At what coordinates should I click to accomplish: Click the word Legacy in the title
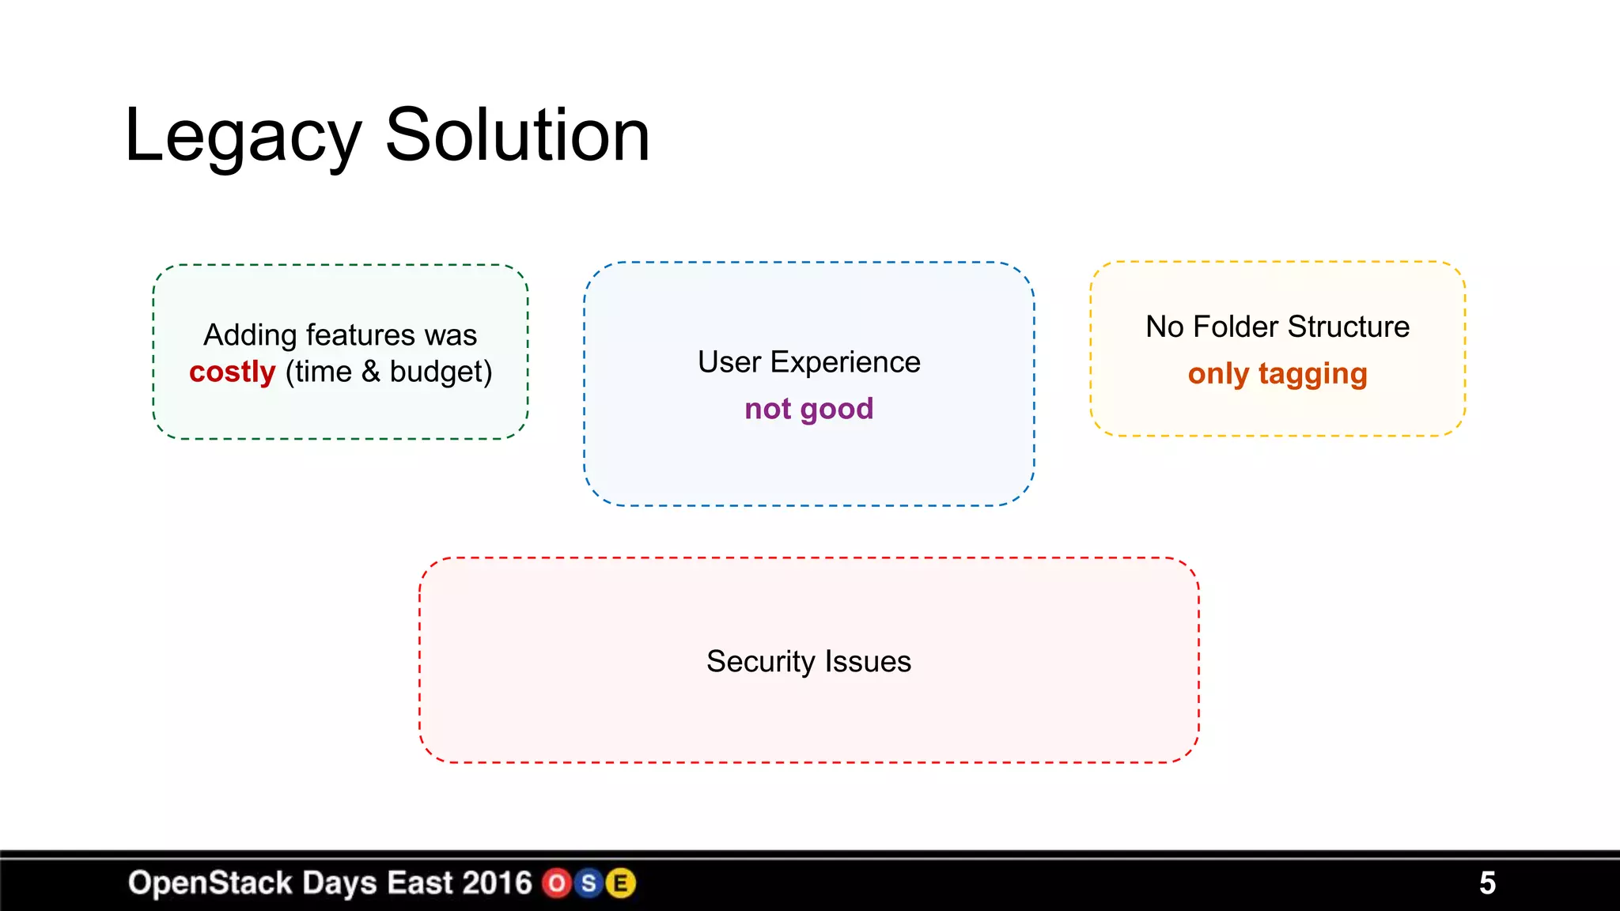tap(242, 136)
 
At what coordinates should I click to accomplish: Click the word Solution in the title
tap(517, 136)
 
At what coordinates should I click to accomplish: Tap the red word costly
tap(232, 372)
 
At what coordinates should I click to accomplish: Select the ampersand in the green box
tap(370, 372)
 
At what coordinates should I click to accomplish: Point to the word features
tap(360, 335)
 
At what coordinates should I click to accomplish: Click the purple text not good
tap(808, 409)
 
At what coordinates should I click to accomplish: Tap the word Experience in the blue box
tap(845, 362)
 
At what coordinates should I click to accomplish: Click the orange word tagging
tap(1312, 374)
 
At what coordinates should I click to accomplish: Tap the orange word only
tap(1218, 374)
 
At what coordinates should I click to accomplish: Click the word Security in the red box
tap(760, 661)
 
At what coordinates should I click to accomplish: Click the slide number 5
tap(1487, 883)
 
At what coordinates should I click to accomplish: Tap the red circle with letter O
tap(557, 883)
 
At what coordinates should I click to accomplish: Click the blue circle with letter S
tap(589, 883)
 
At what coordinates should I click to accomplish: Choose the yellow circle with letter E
tap(621, 883)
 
